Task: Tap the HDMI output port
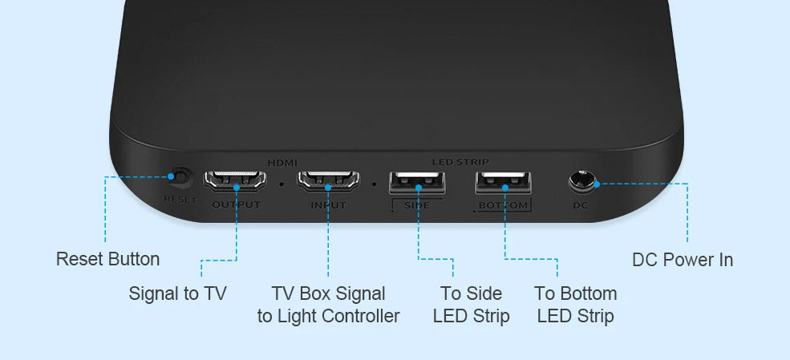coord(235,181)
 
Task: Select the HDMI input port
coord(328,181)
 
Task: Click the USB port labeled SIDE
coord(418,184)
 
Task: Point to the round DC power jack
coord(584,183)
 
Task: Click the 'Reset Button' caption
coord(107,259)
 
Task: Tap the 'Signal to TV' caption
coord(177,293)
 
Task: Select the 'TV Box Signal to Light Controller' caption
coord(328,305)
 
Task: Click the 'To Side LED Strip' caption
coord(471,305)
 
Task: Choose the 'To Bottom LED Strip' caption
coord(575,305)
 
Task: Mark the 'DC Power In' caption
coord(683,260)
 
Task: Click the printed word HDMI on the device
coord(282,163)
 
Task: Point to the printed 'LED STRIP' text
coord(460,163)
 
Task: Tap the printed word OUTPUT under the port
coord(236,205)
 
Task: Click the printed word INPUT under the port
coord(328,205)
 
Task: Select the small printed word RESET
coord(180,199)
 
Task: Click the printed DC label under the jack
coord(581,205)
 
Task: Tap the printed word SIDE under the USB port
coord(417,206)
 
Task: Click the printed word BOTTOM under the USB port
coord(504,206)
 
